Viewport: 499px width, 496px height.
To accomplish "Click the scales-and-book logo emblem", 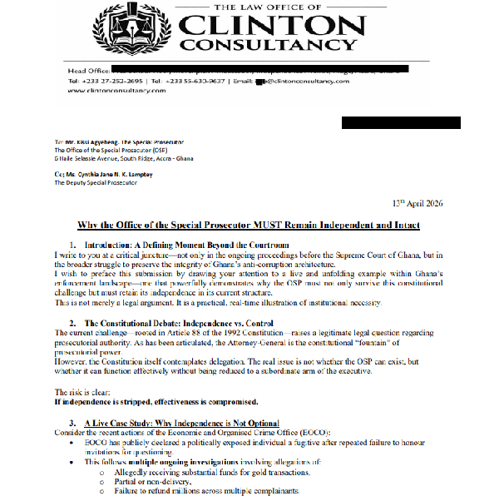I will point(136,27).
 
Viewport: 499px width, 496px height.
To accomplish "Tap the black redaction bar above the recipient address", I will point(401,123).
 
